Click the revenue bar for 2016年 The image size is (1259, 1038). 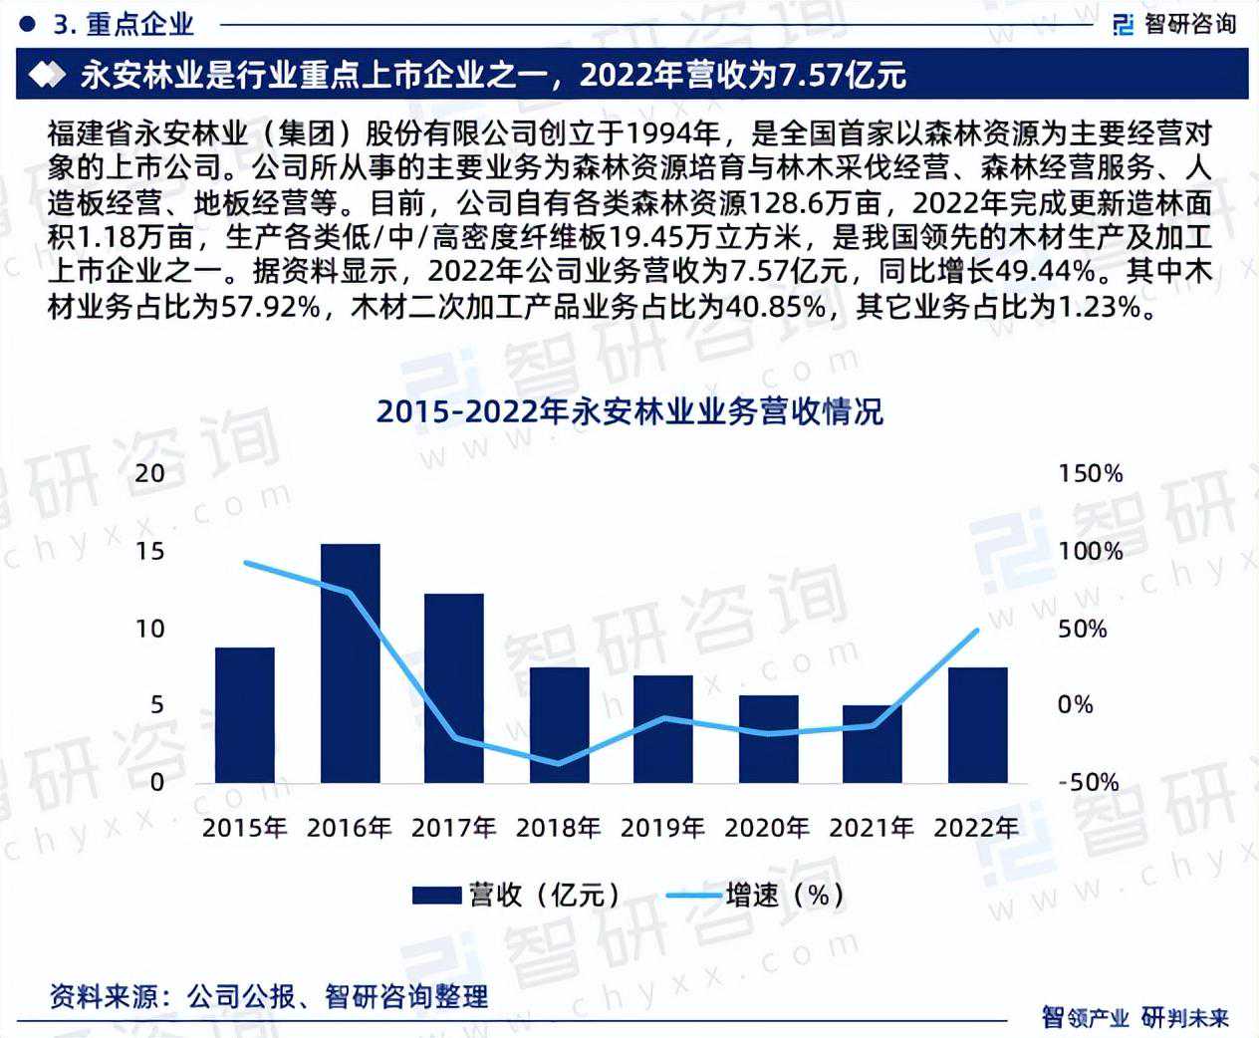(350, 662)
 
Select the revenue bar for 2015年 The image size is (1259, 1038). (245, 714)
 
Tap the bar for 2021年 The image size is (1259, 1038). (873, 743)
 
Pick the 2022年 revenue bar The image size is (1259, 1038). (977, 724)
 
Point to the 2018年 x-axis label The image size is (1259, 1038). (558, 828)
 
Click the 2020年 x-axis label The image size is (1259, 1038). (767, 828)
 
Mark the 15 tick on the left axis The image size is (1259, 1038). (150, 551)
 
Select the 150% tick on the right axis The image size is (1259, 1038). (1090, 473)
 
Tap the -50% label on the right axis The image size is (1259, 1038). (1088, 782)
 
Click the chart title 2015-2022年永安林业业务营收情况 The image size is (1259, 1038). (629, 411)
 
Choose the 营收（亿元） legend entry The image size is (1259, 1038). (517, 895)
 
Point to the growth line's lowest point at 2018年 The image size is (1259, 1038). (558, 764)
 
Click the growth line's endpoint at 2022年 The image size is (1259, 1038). (977, 630)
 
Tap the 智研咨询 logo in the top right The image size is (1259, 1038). (1174, 24)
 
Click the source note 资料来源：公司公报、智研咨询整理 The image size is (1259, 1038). (269, 996)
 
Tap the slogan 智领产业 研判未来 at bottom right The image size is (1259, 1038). (1134, 1017)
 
